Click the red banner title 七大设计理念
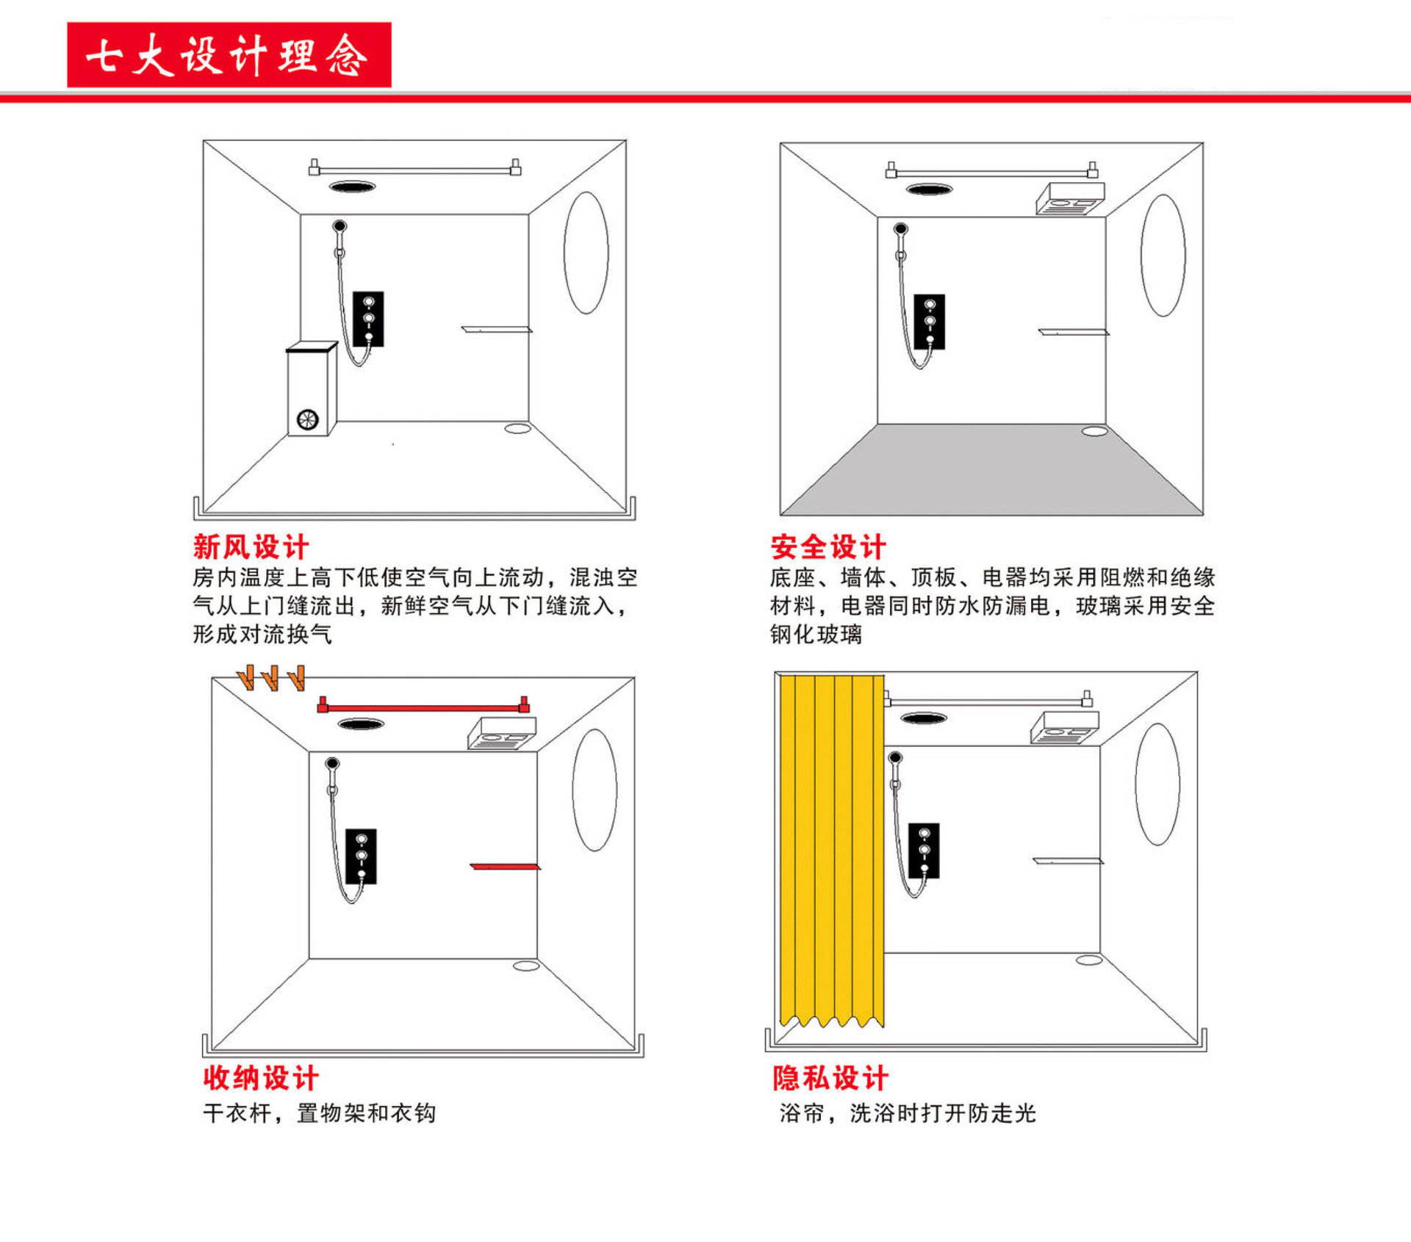tap(229, 55)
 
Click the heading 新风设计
tap(251, 547)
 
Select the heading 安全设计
tap(828, 547)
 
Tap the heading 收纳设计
tap(261, 1078)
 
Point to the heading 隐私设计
tap(830, 1078)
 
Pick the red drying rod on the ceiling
tap(423, 707)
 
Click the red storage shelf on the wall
tap(506, 867)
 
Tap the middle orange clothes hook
tap(271, 678)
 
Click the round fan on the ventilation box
tap(307, 419)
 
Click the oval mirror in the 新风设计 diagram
tap(586, 253)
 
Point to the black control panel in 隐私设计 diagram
tap(924, 851)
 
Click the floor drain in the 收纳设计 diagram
tap(526, 965)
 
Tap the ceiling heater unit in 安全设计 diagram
tap(1070, 198)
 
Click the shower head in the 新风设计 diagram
tap(340, 226)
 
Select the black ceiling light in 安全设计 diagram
tap(929, 189)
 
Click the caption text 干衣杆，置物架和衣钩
tap(319, 1113)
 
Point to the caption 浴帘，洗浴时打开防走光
tap(907, 1113)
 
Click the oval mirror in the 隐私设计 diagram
tap(1157, 784)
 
